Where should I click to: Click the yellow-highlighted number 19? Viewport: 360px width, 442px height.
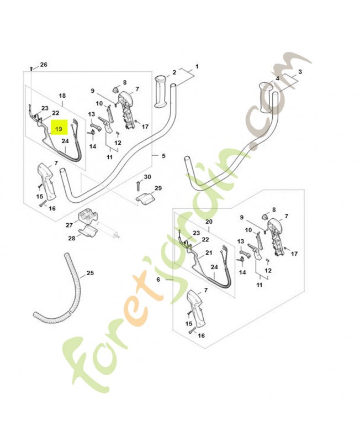click(x=59, y=129)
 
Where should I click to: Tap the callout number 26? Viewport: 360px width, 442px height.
click(x=44, y=65)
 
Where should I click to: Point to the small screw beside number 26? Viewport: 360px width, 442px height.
click(x=31, y=68)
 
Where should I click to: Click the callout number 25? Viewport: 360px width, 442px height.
click(x=90, y=273)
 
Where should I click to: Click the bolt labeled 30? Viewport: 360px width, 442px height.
click(x=138, y=186)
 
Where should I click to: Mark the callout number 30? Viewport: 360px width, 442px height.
click(x=147, y=177)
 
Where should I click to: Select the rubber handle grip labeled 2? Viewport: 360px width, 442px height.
click(x=161, y=91)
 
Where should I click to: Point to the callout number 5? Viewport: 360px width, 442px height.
click(x=163, y=156)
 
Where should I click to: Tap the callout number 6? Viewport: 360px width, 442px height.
click(x=158, y=280)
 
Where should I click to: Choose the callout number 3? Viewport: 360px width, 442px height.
click(x=300, y=72)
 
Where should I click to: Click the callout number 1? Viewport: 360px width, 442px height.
click(x=197, y=66)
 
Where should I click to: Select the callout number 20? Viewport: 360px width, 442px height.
click(x=209, y=222)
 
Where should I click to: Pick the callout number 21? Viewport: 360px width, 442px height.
click(x=209, y=252)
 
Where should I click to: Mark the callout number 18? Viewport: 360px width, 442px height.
click(x=62, y=96)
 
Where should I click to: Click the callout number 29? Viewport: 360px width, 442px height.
click(x=158, y=188)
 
